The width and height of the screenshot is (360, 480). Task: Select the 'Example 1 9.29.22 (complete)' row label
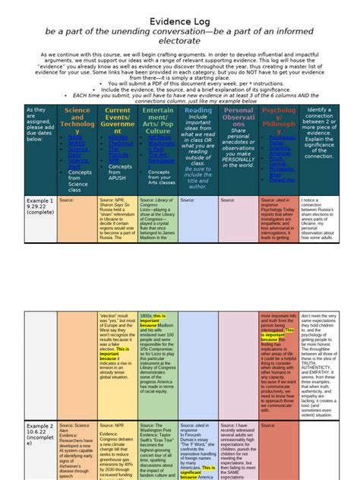(x=39, y=209)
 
